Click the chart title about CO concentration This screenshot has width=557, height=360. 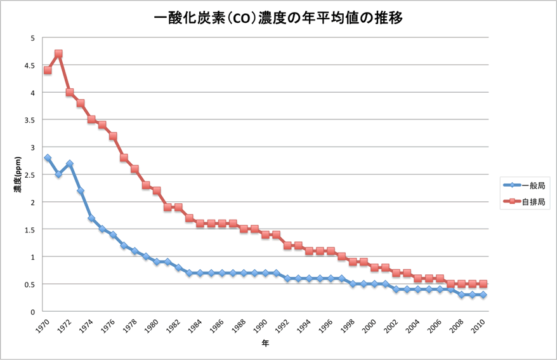(278, 18)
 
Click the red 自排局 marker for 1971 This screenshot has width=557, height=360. (58, 54)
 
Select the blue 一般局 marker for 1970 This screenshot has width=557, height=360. (48, 158)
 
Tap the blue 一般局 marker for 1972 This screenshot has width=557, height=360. (69, 164)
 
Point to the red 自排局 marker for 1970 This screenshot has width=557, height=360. (48, 70)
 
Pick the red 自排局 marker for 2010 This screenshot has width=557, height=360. (483, 284)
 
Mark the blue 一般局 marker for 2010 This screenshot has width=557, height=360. (483, 295)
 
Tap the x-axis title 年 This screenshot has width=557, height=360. (265, 344)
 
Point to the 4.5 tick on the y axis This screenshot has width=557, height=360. (29, 65)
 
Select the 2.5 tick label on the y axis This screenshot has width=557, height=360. (29, 175)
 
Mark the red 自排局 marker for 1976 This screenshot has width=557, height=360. (113, 136)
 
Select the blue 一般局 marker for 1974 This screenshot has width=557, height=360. (91, 218)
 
